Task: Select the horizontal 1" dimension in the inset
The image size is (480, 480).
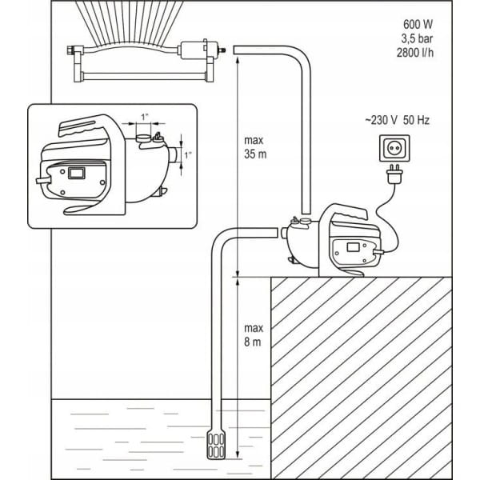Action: pyautogui.click(x=144, y=118)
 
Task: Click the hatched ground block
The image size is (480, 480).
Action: pyautogui.click(x=372, y=368)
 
